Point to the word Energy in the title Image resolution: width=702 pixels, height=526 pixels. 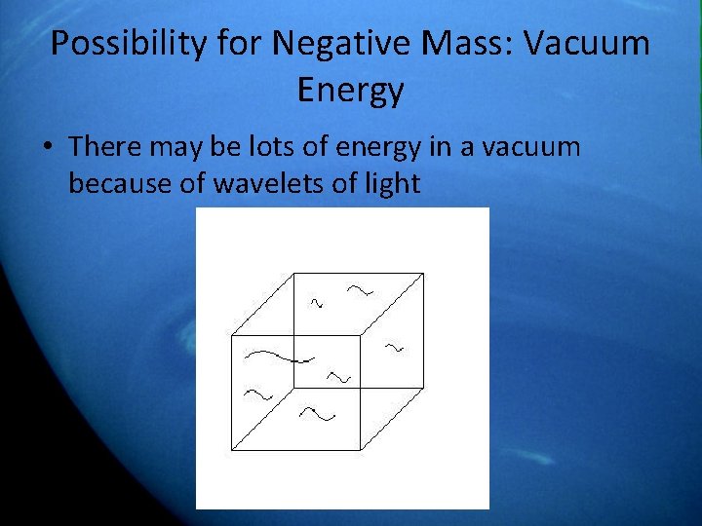click(x=350, y=90)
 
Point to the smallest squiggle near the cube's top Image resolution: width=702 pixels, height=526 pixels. click(x=316, y=303)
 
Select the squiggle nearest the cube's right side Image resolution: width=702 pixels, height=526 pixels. click(x=394, y=347)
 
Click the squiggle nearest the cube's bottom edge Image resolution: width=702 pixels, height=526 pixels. click(x=317, y=414)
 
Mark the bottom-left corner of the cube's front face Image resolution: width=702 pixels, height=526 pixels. click(x=231, y=450)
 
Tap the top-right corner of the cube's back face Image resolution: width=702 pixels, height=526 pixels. click(x=424, y=274)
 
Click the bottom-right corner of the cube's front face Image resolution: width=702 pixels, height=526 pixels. click(x=362, y=450)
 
